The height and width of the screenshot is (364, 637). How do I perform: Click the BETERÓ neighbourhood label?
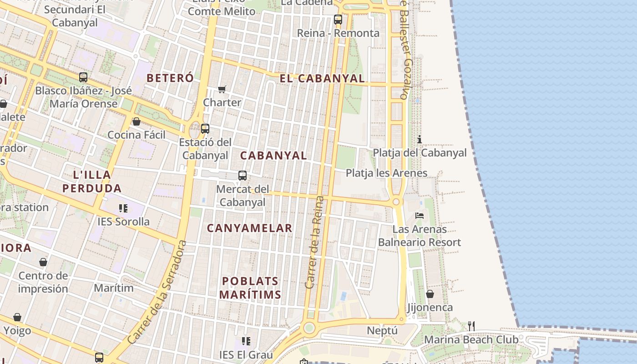170,78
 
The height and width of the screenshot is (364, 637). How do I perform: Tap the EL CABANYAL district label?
322,78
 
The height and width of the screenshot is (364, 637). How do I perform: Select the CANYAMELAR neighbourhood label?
249,228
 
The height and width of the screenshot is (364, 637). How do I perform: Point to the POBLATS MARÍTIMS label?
250,288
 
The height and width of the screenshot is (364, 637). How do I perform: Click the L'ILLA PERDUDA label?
92,181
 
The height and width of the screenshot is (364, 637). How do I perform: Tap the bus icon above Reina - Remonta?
338,20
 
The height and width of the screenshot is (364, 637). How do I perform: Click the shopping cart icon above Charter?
222,89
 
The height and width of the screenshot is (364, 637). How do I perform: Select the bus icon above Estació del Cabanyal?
205,129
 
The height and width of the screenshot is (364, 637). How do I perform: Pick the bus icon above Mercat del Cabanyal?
243,176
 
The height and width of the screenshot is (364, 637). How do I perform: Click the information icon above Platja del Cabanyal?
420,139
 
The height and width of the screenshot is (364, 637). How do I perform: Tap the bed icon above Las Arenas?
420,215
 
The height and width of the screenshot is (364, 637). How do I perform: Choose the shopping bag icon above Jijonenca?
430,294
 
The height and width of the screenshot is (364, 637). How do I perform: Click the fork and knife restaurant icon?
471,326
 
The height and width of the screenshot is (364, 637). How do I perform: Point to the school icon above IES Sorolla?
123,208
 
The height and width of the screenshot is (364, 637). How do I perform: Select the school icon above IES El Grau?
246,341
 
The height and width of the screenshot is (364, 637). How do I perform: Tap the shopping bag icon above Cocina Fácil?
136,121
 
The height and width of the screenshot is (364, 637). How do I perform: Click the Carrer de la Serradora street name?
157,292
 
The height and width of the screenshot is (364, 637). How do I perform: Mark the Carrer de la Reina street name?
315,242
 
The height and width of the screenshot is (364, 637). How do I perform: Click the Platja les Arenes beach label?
386,173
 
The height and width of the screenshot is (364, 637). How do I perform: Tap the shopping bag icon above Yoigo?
17,317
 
